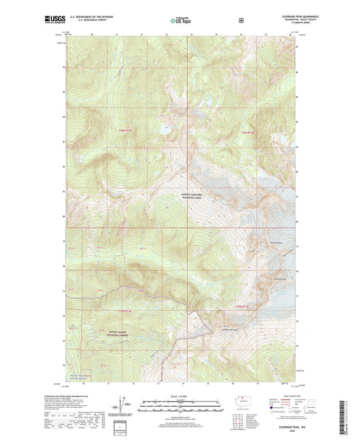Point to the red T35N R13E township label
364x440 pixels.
(244, 307)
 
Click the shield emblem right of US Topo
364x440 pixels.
(240, 20)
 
